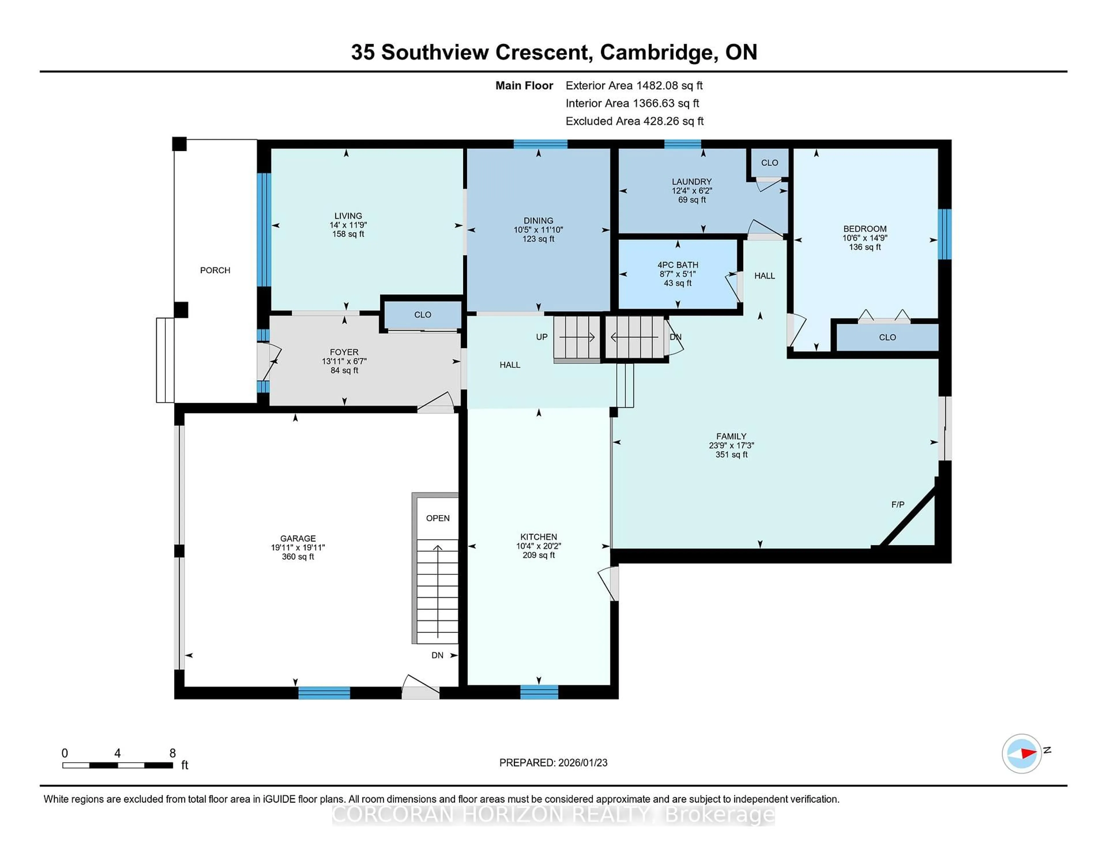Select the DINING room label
(538, 220)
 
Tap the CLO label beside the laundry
(769, 162)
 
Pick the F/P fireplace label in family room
(898, 504)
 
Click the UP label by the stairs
(541, 337)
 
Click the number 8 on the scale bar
(172, 753)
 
